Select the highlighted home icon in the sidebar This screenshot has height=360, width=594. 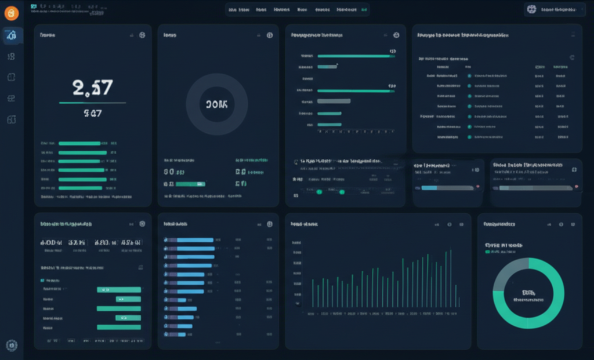tap(12, 36)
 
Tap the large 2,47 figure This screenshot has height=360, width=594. tap(93, 88)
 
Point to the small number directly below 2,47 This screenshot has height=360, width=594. tap(93, 114)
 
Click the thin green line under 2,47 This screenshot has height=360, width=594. tap(93, 103)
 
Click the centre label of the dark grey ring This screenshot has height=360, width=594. tap(216, 104)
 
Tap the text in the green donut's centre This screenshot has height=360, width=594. tap(528, 296)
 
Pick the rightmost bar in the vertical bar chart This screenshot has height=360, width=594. tap(458, 302)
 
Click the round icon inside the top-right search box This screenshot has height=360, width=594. tap(531, 9)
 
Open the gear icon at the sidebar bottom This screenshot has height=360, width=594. tap(12, 346)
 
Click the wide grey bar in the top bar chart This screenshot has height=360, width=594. tap(334, 101)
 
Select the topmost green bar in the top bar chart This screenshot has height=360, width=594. tap(354, 56)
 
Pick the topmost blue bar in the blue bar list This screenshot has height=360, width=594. tap(195, 239)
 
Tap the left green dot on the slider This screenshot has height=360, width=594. tap(318, 192)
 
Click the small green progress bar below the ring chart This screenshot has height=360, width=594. tap(190, 184)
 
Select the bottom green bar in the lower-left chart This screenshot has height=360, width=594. tap(119, 327)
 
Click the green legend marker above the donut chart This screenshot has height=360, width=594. tap(487, 252)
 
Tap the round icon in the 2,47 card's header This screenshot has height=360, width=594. tap(142, 35)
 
